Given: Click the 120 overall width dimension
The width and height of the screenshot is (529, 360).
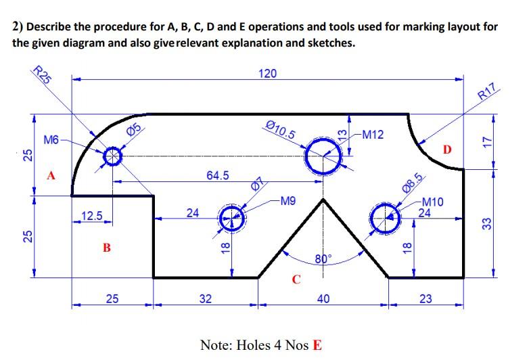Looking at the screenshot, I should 268,73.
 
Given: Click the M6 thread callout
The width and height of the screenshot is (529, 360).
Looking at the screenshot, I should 51,140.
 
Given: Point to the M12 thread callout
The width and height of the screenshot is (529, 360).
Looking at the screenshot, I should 373,135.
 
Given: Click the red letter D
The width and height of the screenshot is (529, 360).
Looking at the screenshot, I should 446,148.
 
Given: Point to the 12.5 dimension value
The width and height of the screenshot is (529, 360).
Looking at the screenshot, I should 91,216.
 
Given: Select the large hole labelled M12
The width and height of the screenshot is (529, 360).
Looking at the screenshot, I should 323,157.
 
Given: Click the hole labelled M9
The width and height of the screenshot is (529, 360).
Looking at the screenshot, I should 232,219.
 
